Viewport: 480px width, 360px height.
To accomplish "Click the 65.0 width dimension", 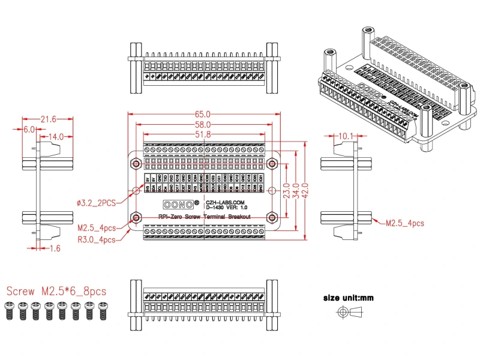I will tap(203, 114).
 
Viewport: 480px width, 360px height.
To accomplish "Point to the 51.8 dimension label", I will tap(203, 134).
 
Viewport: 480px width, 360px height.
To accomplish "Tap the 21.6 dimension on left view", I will tap(47, 119).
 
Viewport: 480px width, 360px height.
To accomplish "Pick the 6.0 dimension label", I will tap(29, 129).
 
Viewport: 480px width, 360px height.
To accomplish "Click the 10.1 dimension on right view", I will tap(347, 137).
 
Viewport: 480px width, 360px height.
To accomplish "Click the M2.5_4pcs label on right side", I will tap(404, 223).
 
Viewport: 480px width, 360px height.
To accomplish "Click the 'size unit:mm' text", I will tap(348, 298).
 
